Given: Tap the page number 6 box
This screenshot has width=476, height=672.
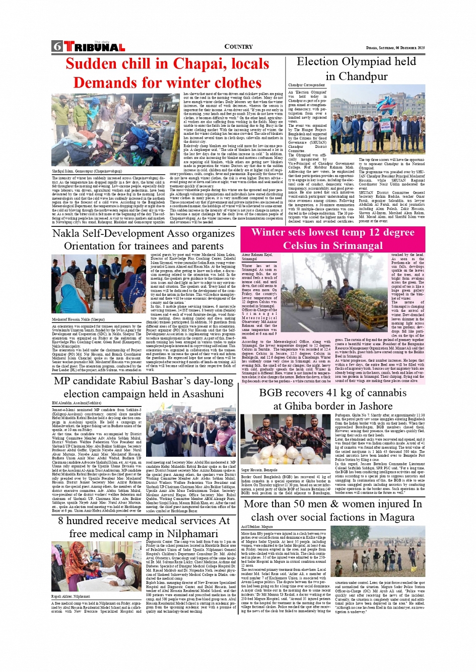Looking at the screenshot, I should (x=57, y=47).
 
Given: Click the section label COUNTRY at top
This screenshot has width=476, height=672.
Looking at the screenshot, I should (x=238, y=47).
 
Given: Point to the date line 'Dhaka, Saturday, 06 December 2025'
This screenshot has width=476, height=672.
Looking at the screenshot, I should (x=395, y=48).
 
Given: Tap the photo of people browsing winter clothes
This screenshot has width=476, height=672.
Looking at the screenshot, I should (x=116, y=130).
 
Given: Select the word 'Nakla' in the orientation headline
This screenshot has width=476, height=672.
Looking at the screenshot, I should (x=66, y=233).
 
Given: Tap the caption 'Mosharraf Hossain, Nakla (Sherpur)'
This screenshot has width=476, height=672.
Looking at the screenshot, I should (x=78, y=319).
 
